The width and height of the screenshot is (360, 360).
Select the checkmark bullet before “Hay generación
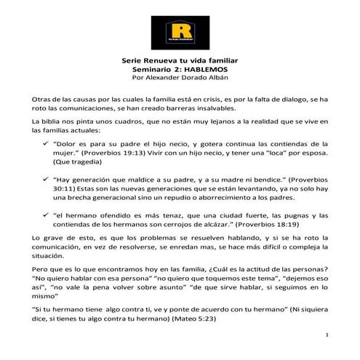pyautogui.click(x=46, y=178)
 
